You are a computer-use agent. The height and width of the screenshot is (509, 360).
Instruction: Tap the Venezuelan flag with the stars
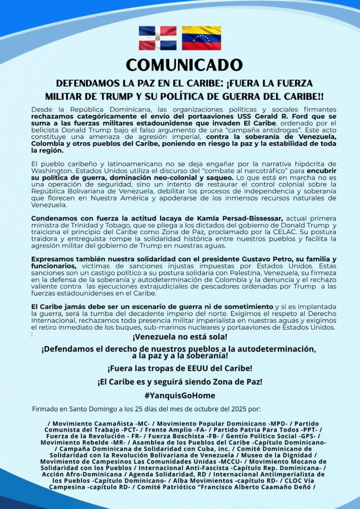(x=201, y=38)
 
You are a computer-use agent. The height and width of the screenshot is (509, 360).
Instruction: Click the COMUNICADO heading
(x=184, y=65)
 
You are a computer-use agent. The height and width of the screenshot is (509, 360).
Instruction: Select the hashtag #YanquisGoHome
(x=180, y=396)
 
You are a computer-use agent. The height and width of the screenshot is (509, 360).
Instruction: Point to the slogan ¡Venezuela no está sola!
(x=180, y=337)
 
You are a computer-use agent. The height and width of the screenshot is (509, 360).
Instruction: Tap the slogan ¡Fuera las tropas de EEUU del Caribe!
(x=180, y=369)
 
